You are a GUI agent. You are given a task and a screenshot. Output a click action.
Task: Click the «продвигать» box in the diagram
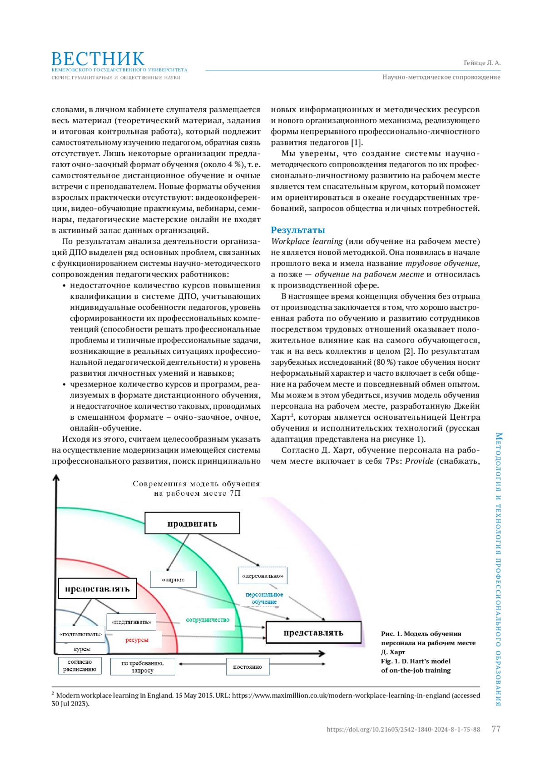point(192,523)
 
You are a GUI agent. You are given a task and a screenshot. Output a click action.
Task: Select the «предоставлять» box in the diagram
point(97,589)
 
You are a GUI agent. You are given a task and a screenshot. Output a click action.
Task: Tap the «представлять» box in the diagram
point(313,632)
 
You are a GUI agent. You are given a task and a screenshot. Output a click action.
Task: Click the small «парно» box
point(173,580)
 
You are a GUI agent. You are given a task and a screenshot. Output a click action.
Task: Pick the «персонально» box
point(263,576)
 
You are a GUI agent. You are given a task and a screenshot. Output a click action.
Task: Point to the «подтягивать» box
point(132,622)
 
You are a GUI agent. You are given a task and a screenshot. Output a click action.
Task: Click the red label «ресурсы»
point(137,640)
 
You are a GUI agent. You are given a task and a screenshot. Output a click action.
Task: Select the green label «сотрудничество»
point(208,620)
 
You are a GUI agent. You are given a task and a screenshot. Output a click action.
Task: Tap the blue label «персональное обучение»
point(264,598)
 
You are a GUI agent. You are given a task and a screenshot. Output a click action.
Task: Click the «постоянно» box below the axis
point(248,667)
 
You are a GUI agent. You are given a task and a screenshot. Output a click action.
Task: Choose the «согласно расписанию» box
point(79,666)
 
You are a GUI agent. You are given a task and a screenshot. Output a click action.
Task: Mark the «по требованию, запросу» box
point(142,667)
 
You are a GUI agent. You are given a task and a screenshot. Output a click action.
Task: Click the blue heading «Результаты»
point(298,230)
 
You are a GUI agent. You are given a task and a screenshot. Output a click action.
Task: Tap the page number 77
point(496,729)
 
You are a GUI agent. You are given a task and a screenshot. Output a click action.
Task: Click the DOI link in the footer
point(403,730)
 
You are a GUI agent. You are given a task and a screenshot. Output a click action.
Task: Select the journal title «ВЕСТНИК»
point(98,59)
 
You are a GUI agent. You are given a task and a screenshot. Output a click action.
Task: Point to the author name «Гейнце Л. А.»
point(482,63)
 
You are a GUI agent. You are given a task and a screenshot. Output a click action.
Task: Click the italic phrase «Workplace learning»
point(307,241)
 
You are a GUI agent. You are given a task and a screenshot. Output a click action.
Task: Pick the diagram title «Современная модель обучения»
point(196,484)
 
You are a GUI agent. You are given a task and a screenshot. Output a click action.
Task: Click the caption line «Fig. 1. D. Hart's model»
point(416,661)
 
